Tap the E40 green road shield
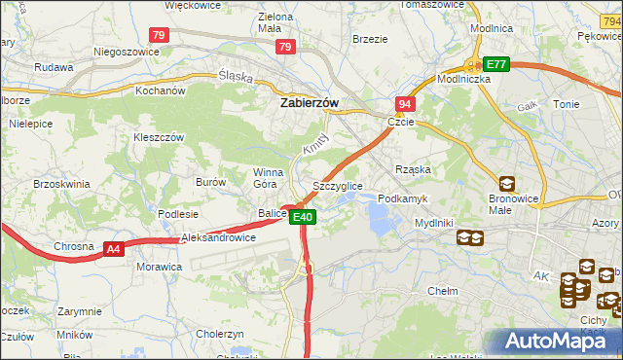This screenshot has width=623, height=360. [x=304, y=217]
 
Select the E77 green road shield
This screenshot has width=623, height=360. [x=496, y=64]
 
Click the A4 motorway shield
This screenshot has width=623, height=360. [x=114, y=249]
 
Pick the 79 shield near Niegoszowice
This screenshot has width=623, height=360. [x=161, y=35]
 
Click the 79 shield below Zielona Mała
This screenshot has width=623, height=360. [x=285, y=46]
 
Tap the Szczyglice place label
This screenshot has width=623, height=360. [x=338, y=185]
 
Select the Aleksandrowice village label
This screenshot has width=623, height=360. [x=218, y=237]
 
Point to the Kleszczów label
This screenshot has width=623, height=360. [x=159, y=138]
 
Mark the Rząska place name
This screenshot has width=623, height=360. [x=413, y=169]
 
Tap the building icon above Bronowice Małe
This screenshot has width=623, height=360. [x=507, y=183]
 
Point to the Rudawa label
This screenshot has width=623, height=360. [x=54, y=68]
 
